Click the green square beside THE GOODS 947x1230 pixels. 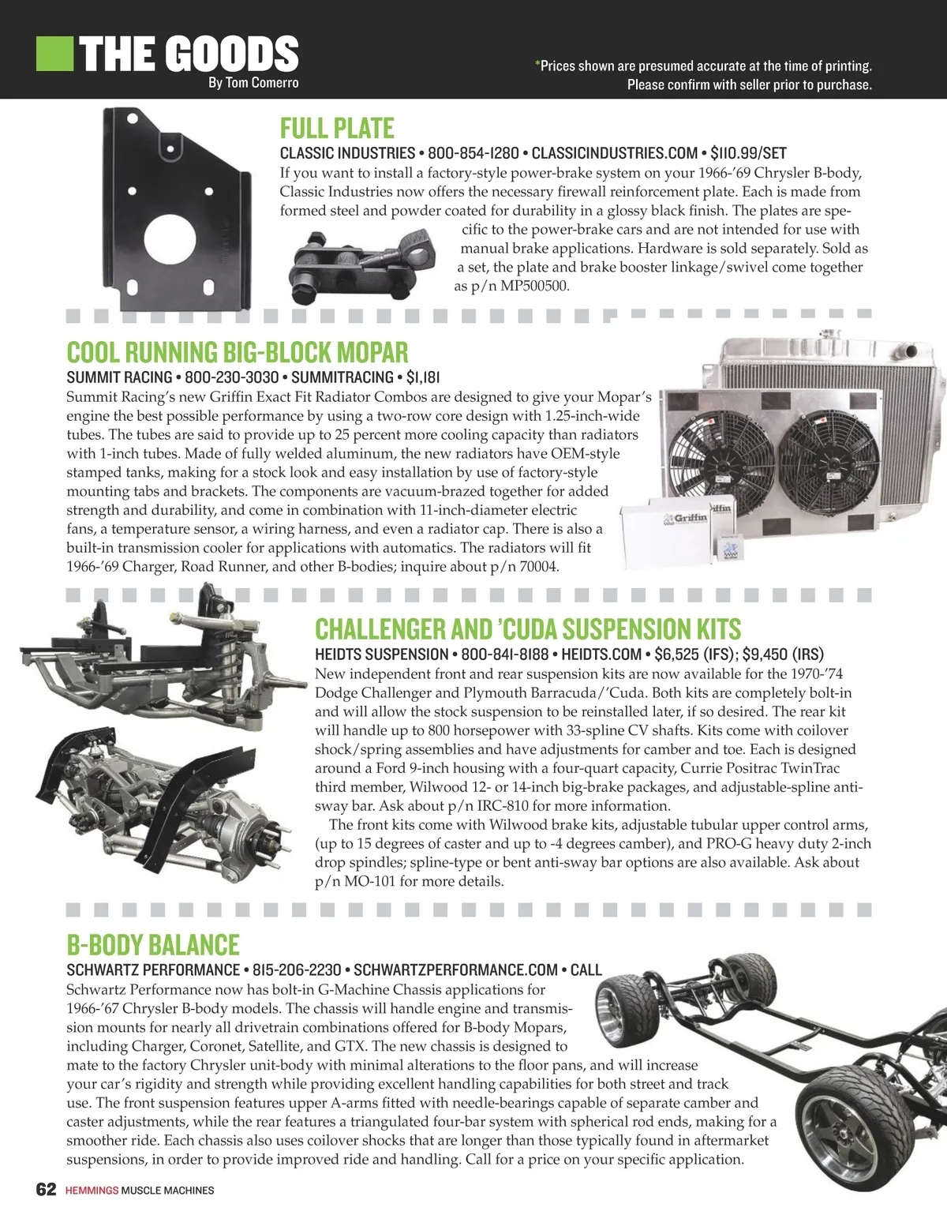click(x=55, y=53)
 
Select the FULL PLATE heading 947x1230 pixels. click(x=337, y=128)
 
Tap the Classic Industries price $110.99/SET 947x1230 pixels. click(x=748, y=153)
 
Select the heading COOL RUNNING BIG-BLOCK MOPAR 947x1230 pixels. click(x=238, y=352)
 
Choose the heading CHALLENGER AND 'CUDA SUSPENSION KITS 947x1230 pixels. click(x=528, y=629)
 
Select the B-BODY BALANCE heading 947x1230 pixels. click(x=152, y=945)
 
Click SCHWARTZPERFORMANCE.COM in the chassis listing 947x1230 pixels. click(x=455, y=970)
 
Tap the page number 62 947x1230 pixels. click(x=46, y=1190)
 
